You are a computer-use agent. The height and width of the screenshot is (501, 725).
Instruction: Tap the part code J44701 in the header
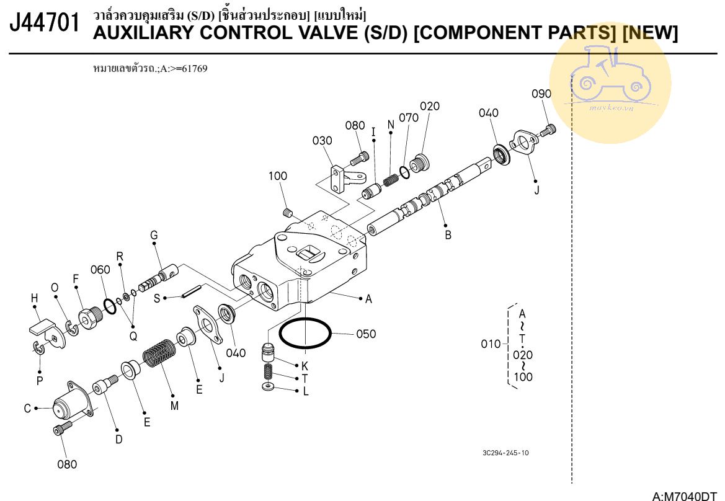pyautogui.click(x=45, y=25)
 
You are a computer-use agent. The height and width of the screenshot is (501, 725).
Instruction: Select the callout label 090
pyautogui.click(x=541, y=94)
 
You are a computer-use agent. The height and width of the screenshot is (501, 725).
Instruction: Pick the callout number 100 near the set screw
pyautogui.click(x=277, y=176)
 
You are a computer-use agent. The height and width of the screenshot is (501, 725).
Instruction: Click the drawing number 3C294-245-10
pyautogui.click(x=505, y=453)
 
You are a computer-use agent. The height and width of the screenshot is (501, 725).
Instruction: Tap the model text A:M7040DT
pyautogui.click(x=688, y=494)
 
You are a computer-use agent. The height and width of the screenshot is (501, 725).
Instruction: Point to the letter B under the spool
pyautogui.click(x=448, y=235)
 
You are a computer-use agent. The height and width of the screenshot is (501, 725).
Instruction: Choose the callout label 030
pyautogui.click(x=322, y=141)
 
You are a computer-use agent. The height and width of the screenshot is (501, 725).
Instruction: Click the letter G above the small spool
pyautogui.click(x=154, y=235)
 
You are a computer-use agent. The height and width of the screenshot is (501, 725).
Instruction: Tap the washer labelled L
pyautogui.click(x=269, y=387)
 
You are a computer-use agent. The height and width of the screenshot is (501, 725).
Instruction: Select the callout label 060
pyautogui.click(x=100, y=269)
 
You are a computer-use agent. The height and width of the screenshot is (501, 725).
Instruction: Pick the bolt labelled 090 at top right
pyautogui.click(x=549, y=130)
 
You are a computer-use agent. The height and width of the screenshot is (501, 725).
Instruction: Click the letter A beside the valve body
pyautogui.click(x=368, y=299)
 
